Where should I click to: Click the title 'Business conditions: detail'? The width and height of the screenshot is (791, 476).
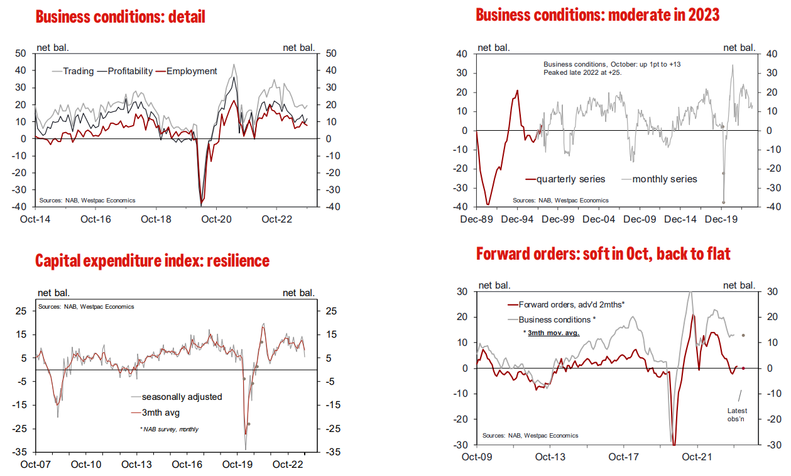tap(120, 17)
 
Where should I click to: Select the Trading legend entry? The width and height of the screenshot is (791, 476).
tap(79, 71)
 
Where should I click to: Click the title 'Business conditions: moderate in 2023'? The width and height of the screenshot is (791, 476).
tap(597, 14)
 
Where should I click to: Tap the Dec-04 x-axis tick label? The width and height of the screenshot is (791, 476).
tap(599, 219)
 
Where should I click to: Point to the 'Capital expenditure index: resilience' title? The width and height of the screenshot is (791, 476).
tap(152, 260)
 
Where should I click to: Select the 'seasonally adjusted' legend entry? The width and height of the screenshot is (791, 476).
tap(182, 397)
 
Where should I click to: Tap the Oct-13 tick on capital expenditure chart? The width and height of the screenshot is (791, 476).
tap(136, 465)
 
